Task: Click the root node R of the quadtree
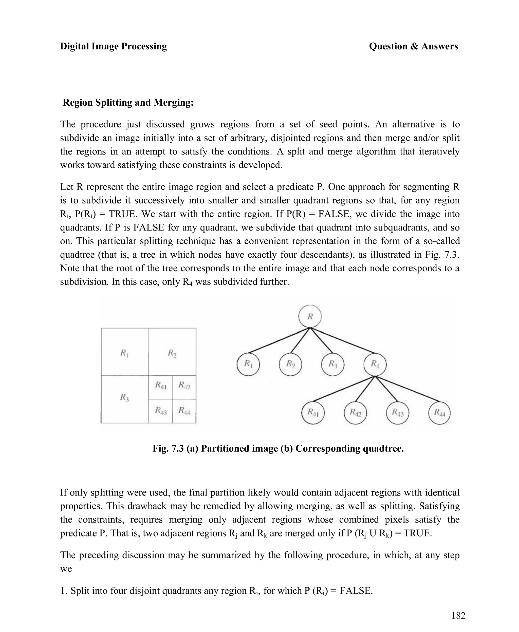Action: point(310,316)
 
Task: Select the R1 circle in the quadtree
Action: point(248,364)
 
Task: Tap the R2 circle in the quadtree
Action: point(290,364)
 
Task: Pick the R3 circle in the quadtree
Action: point(333,364)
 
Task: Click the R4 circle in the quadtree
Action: point(375,364)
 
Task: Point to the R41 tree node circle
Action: point(313,413)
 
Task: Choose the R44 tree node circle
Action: point(439,413)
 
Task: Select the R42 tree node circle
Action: point(355,413)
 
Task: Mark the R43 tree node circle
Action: point(397,413)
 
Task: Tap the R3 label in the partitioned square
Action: point(124,397)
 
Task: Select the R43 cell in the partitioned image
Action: point(161,411)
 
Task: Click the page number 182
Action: point(458,616)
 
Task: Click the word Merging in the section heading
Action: point(173,103)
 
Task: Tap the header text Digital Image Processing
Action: point(113,46)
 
